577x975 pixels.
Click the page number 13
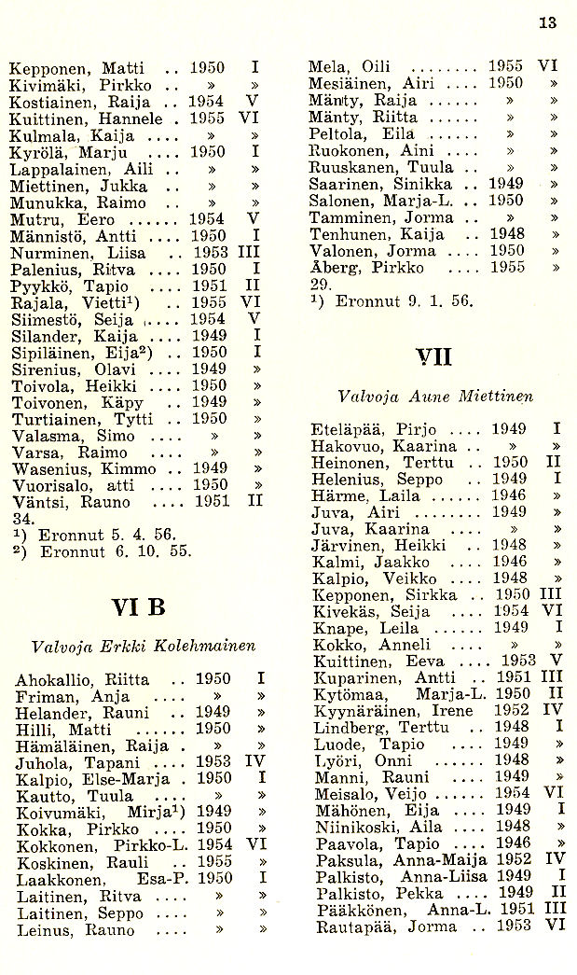pos(547,23)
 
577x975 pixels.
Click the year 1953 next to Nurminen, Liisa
pos(210,254)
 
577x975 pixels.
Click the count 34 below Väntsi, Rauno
pos(18,519)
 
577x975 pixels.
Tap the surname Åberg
pos(333,268)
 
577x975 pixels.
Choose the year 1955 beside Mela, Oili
pos(506,66)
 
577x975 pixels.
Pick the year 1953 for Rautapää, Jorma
pos(514,927)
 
